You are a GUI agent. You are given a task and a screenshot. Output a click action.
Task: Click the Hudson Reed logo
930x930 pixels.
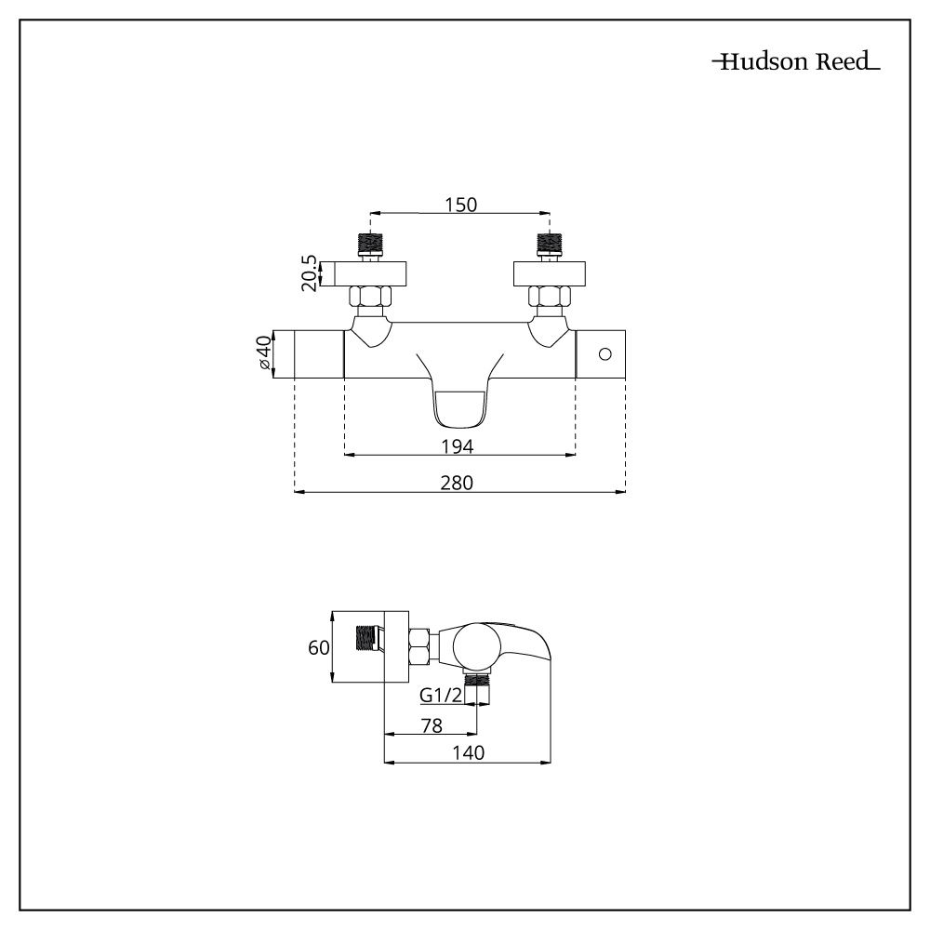coord(795,63)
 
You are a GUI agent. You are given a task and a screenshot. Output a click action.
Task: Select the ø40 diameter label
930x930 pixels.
coord(262,355)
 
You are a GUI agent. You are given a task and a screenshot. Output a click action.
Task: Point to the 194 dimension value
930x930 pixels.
coord(459,446)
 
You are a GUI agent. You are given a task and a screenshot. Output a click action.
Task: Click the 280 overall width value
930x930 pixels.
coord(458,483)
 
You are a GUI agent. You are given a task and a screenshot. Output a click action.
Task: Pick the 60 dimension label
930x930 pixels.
coord(319,647)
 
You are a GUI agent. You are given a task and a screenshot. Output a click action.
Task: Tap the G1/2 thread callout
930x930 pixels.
coord(441,695)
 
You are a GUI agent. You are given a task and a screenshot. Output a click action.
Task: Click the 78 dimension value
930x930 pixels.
coord(431,724)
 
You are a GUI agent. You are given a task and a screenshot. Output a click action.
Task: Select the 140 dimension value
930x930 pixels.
coord(469,754)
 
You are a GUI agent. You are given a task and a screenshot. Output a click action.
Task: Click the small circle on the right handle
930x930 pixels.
coord(604,354)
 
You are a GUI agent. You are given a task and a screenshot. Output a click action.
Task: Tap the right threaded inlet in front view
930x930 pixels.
coord(549,245)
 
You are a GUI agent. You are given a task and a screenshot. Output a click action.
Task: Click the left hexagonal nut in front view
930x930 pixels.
coord(370,299)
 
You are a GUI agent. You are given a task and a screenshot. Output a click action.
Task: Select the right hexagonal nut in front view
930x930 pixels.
coord(549,299)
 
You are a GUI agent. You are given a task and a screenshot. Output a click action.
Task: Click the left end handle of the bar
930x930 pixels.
coord(319,354)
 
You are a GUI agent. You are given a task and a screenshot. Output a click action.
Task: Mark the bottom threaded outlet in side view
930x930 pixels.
coord(478,691)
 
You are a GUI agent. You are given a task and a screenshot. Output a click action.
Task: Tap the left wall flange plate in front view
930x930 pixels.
coord(370,274)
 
